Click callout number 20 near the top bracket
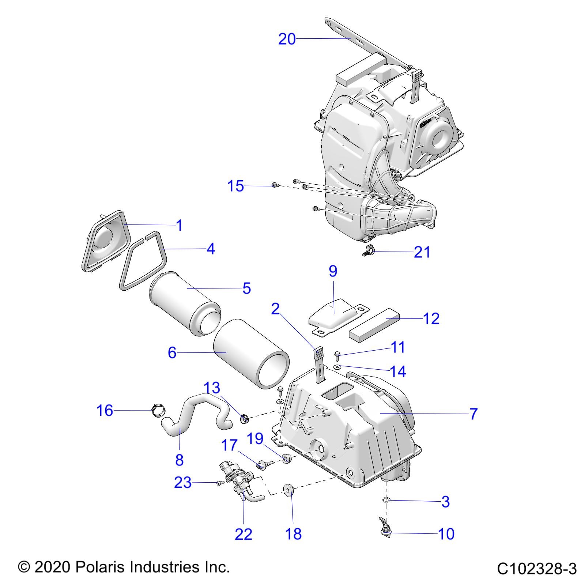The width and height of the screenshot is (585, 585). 287,39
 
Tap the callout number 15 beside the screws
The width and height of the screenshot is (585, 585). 235,186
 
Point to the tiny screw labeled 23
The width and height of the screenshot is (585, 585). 219,483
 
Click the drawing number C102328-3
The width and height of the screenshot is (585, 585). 536,569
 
